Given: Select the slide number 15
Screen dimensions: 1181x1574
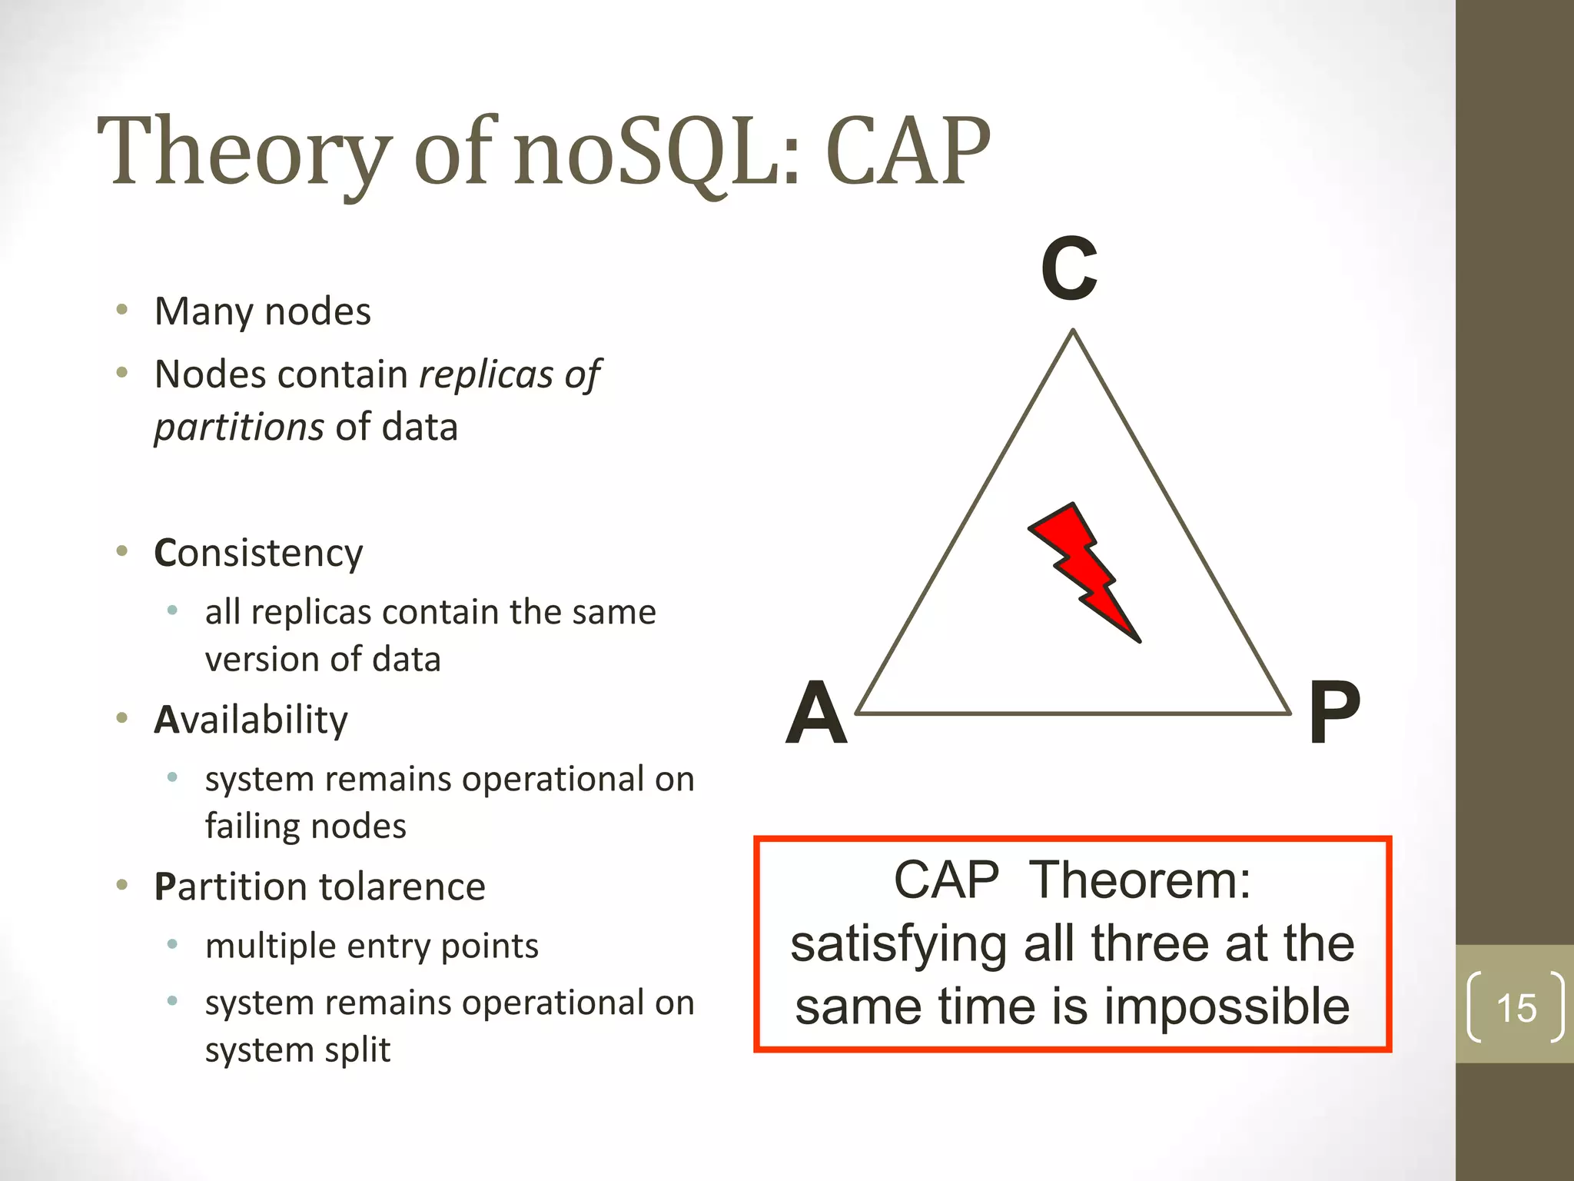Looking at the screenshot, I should click(1516, 1008).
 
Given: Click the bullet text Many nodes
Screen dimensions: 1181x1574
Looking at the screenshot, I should click(263, 312).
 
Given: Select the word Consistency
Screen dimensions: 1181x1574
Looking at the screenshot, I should click(258, 554).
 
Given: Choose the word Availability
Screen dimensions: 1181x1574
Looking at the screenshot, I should click(251, 720).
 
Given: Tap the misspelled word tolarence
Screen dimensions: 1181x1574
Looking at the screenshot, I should click(403, 887).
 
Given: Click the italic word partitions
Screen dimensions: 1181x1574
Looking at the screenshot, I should click(239, 427).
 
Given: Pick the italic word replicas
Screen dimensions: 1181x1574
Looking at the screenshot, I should click(486, 375).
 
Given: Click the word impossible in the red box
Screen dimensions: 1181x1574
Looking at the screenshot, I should click(1227, 1007).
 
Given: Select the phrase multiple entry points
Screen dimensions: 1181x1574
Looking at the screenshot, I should click(372, 946).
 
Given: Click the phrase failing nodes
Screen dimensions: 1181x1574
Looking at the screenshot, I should click(305, 827).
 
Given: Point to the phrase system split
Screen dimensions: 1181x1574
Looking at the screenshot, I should click(297, 1050).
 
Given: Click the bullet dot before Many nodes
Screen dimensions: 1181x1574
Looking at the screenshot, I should click(121, 311).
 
